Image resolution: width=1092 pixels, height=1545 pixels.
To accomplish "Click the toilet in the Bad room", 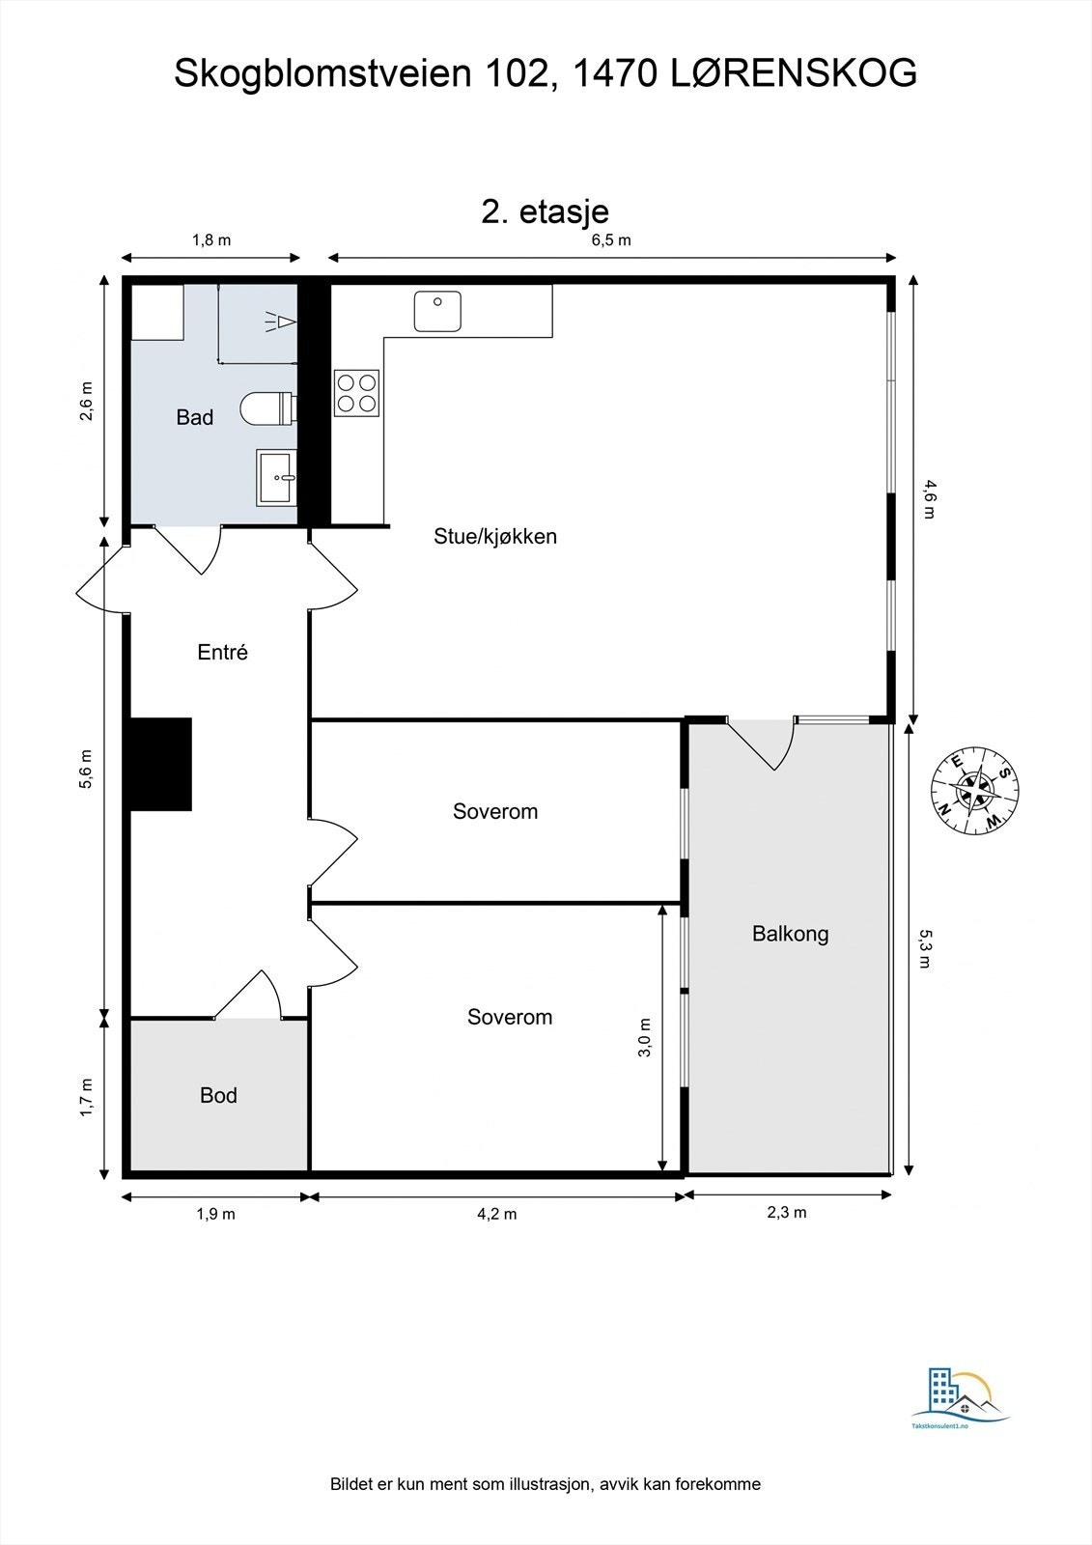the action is point(269,408).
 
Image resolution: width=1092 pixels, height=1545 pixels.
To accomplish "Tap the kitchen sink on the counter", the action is point(437,311).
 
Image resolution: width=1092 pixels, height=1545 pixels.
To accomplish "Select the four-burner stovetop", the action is point(356,393).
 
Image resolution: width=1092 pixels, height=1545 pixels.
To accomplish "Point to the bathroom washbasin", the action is point(277,477).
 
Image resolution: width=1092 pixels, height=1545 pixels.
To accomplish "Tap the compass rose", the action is point(975,791).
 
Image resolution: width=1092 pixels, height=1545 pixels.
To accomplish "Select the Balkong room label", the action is point(790,934).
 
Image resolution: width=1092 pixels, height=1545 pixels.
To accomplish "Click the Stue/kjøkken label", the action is point(495,537).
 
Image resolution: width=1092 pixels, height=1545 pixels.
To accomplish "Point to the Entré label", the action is point(222,652).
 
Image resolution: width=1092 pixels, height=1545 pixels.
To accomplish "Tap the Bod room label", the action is point(218,1095).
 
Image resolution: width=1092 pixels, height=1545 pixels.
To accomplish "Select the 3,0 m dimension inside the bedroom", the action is point(644,1037).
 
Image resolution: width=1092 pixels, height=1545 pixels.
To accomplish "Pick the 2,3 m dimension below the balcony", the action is point(786,1212).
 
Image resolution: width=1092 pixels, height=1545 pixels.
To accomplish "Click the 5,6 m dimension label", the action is point(86,769).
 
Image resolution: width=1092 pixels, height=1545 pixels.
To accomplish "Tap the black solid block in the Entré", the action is point(161,764).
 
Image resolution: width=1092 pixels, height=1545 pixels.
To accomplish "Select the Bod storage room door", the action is point(247,994).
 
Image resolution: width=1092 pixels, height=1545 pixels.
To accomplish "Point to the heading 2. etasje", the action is point(545,211).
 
